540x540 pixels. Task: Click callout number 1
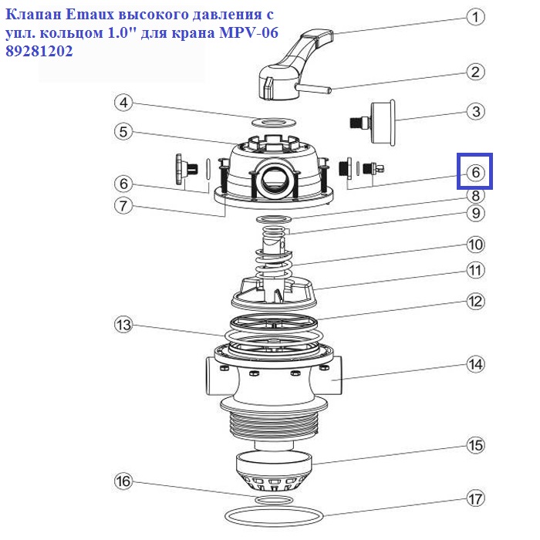(x=476, y=17)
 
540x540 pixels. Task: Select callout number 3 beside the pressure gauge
(x=476, y=112)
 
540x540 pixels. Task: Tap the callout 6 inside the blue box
(x=476, y=172)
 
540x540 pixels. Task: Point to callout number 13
(x=123, y=325)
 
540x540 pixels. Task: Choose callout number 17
(x=476, y=498)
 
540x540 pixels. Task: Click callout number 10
(x=476, y=245)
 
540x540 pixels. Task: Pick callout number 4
(x=123, y=103)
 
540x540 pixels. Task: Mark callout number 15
(x=476, y=445)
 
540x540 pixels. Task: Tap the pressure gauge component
(x=373, y=122)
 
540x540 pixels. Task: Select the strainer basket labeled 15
(x=274, y=472)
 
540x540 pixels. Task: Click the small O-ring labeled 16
(x=274, y=500)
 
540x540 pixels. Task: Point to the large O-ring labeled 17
(x=274, y=515)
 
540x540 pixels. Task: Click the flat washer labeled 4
(x=274, y=122)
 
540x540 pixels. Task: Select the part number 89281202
(x=39, y=52)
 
